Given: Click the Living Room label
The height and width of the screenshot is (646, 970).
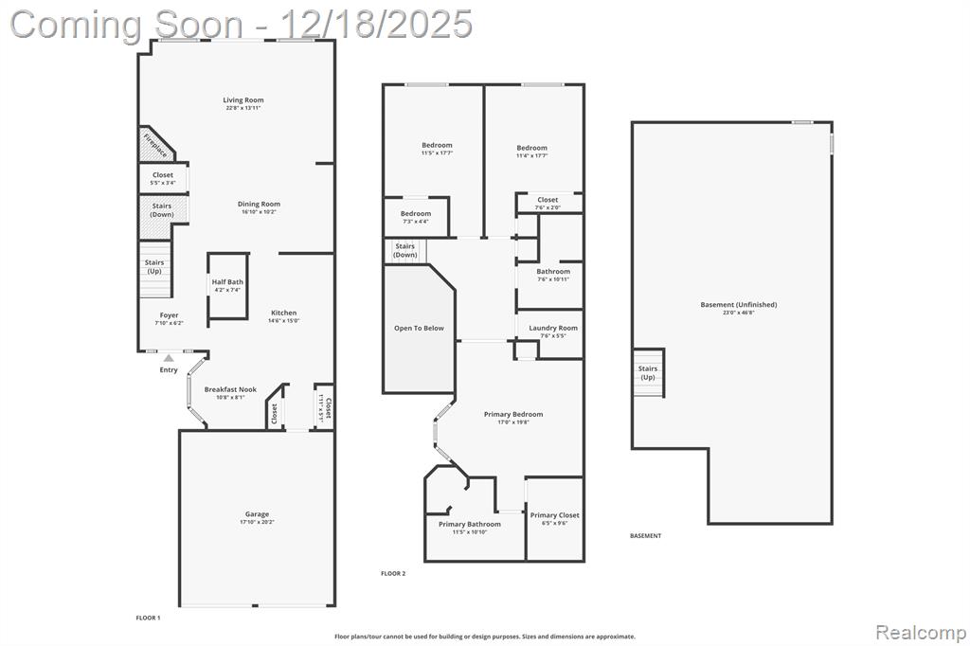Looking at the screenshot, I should [x=243, y=100].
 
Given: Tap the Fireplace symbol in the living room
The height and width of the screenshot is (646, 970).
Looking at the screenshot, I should [x=154, y=145].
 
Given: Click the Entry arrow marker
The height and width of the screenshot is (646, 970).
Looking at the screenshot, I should [x=169, y=357].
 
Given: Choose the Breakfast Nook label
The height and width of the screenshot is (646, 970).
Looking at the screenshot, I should [x=230, y=389].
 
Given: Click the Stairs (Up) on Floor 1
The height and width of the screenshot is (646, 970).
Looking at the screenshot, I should [x=154, y=268].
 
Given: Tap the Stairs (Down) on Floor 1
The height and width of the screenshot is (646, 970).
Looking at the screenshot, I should [x=162, y=209].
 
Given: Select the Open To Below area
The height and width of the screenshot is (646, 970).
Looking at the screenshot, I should [x=418, y=329].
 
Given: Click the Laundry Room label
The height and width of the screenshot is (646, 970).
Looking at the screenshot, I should [x=553, y=328].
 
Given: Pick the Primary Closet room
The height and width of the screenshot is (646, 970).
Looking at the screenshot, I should [x=554, y=518].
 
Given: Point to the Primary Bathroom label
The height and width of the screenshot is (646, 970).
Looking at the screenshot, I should [x=469, y=524].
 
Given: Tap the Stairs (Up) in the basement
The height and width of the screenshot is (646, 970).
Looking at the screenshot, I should [x=648, y=372].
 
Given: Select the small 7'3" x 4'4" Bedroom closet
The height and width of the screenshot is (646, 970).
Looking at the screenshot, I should [x=415, y=217].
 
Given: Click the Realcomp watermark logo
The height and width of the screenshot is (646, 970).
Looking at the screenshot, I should [x=920, y=632].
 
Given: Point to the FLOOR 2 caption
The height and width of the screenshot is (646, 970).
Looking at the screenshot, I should [x=393, y=573].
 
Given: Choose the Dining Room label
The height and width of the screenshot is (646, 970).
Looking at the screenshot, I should [x=259, y=204].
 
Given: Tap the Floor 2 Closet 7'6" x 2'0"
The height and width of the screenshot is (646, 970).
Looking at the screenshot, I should [x=548, y=203].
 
